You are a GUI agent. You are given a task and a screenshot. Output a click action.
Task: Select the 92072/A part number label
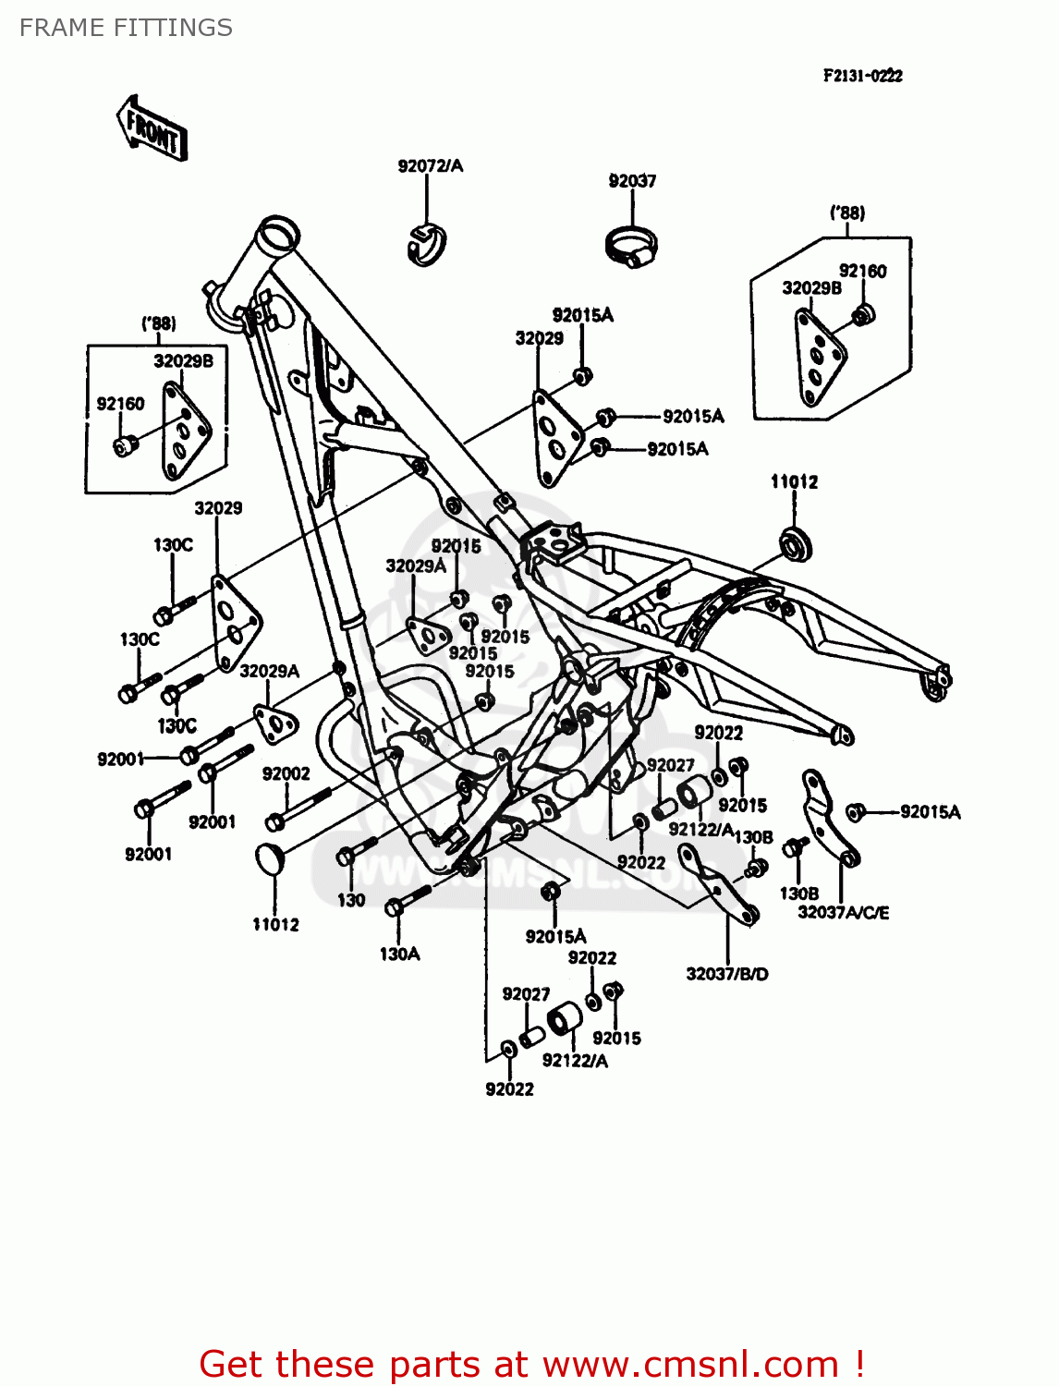click(430, 166)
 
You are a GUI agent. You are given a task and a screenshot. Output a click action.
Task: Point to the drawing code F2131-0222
click(862, 76)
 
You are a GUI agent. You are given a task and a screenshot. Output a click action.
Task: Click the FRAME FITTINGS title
click(126, 28)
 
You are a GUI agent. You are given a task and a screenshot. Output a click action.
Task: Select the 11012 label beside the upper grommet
click(794, 481)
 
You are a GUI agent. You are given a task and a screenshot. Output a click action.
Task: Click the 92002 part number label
click(286, 773)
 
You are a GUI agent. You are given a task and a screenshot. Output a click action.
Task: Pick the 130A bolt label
click(399, 954)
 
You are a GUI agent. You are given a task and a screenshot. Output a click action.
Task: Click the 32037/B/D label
click(726, 974)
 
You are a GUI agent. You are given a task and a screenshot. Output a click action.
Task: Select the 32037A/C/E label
click(843, 913)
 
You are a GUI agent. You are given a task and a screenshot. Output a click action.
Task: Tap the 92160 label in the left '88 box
click(120, 404)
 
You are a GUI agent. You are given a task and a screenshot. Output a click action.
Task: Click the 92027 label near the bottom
click(526, 994)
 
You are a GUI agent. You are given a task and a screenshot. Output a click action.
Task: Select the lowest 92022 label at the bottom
click(509, 1089)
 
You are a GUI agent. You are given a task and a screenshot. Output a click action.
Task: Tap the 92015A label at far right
click(930, 812)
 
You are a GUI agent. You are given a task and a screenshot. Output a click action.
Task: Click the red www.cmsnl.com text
click(531, 1364)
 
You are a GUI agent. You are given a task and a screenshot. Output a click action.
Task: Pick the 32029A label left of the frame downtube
click(269, 671)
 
